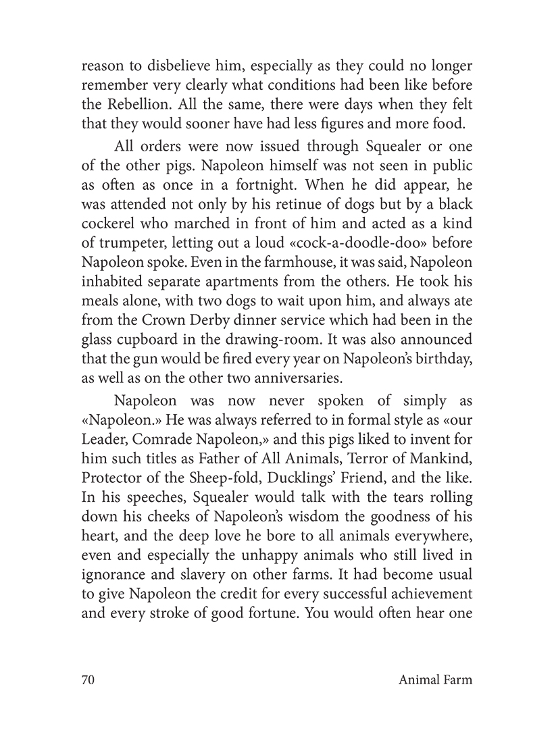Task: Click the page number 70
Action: [86, 680]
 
